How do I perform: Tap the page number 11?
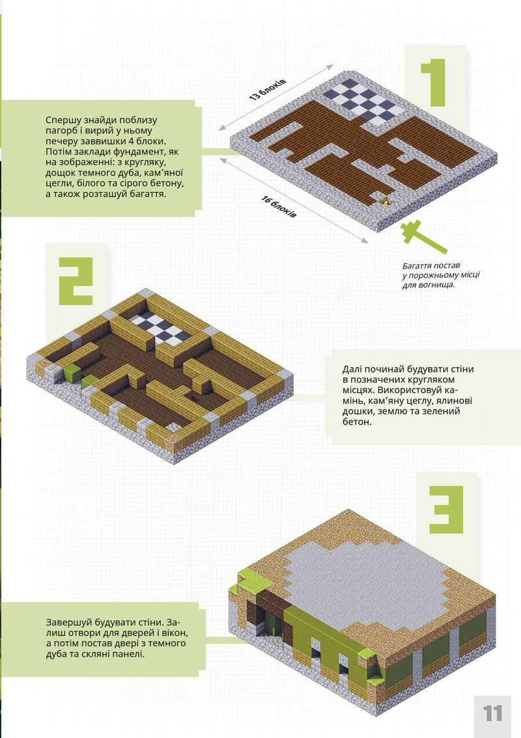coord(493,711)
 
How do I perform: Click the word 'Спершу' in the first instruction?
coord(63,120)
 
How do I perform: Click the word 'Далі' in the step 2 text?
coord(354,369)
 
